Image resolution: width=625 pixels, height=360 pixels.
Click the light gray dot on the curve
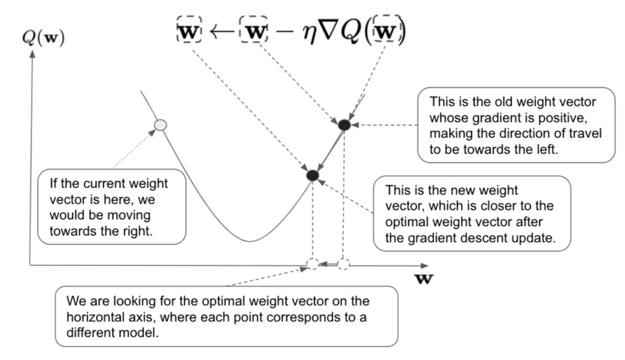(x=160, y=125)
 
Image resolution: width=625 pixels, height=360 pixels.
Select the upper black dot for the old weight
(x=344, y=125)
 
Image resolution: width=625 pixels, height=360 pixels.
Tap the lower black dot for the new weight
(x=312, y=175)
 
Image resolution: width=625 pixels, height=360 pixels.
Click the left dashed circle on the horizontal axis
(x=312, y=265)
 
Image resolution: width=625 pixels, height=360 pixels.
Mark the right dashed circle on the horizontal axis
(x=344, y=264)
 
